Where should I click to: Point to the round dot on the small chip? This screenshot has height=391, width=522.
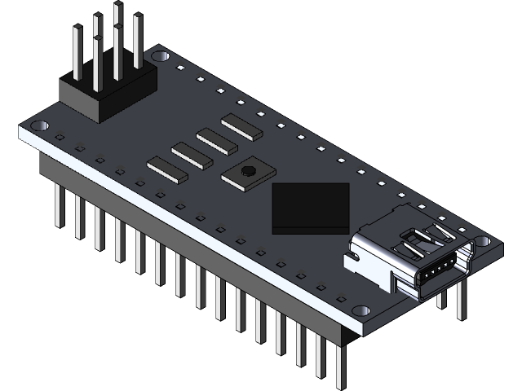click(248, 171)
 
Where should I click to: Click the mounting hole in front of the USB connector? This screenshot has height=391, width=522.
click(360, 310)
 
